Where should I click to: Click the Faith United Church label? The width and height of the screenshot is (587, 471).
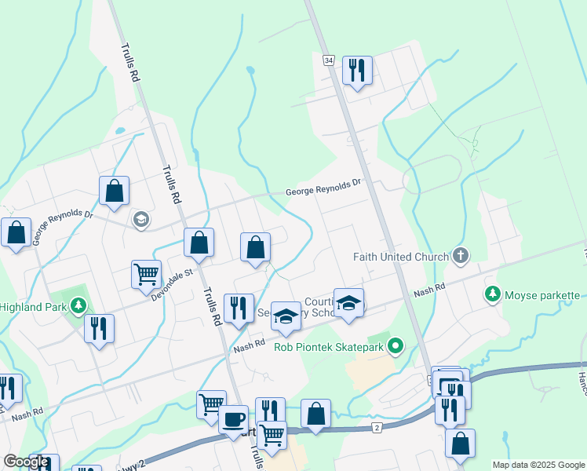pyautogui.click(x=400, y=256)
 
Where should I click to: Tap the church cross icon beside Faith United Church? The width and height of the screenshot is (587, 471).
pyautogui.click(x=461, y=256)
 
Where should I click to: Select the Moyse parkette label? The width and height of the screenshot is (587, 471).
pyautogui.click(x=542, y=295)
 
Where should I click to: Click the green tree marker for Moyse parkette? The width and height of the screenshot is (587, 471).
pyautogui.click(x=492, y=294)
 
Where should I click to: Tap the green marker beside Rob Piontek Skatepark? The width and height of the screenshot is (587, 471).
pyautogui.click(x=396, y=345)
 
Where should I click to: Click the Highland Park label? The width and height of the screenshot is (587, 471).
pyautogui.click(x=31, y=306)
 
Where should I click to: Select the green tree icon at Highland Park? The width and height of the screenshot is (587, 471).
pyautogui.click(x=78, y=303)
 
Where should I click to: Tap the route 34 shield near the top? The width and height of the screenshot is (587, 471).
pyautogui.click(x=328, y=60)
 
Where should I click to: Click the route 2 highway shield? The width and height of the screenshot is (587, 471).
pyautogui.click(x=377, y=427)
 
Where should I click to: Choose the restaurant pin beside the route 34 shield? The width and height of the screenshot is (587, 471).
pyautogui.click(x=357, y=71)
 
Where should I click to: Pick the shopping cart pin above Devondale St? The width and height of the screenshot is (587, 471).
pyautogui.click(x=146, y=275)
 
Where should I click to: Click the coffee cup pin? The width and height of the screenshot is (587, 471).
pyautogui.click(x=233, y=419)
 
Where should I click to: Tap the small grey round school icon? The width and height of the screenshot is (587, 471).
pyautogui.click(x=141, y=219)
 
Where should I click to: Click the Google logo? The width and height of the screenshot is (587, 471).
pyautogui.click(x=26, y=462)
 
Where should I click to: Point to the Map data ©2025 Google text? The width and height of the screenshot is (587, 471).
pyautogui.click(x=538, y=465)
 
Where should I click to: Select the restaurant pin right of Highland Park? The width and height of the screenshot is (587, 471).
pyautogui.click(x=99, y=329)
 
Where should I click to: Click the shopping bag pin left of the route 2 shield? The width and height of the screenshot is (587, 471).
pyautogui.click(x=315, y=413)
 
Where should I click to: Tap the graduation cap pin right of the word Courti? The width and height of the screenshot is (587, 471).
pyautogui.click(x=348, y=302)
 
